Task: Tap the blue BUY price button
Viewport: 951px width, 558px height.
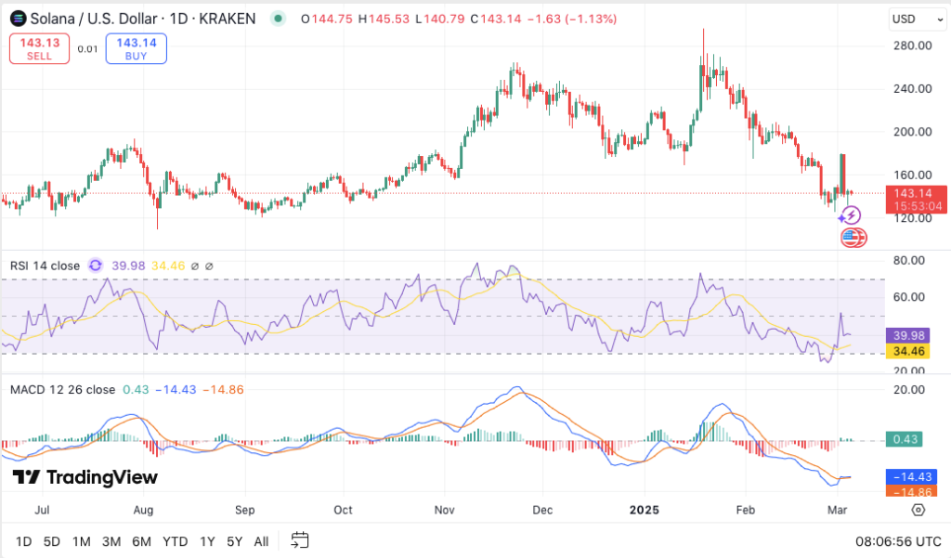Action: pos(137,48)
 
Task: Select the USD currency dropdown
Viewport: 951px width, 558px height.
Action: pos(910,19)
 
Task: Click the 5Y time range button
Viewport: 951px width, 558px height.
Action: pos(235,540)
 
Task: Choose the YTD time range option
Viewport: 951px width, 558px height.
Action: pos(175,540)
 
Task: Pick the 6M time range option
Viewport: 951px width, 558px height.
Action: pos(141,540)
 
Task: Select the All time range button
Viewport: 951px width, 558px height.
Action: pos(262,540)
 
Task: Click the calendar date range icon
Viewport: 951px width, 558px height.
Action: pos(299,539)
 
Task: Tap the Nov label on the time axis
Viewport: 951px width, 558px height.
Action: pos(444,510)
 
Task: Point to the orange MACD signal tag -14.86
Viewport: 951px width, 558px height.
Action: pos(912,492)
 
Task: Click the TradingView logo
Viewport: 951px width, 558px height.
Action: pos(85,477)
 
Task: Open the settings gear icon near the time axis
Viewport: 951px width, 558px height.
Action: pos(918,510)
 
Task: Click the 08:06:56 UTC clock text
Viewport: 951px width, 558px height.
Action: pos(898,540)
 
